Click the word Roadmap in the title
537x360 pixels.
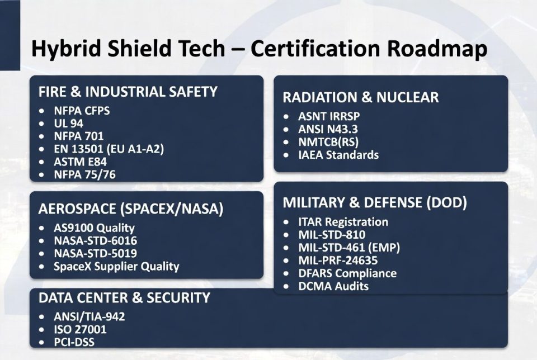tap(437, 49)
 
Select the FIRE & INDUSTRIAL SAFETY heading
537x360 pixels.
tap(128, 92)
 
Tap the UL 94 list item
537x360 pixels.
tap(68, 123)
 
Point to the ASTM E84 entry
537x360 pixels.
tap(80, 162)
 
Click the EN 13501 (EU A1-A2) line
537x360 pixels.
tap(109, 149)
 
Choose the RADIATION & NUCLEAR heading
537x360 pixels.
tap(361, 97)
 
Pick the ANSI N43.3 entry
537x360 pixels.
tap(328, 129)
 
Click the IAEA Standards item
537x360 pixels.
tap(338, 155)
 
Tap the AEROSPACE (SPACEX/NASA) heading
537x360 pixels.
tap(131, 209)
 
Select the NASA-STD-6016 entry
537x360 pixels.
tap(95, 240)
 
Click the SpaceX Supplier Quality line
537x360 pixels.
tap(116, 267)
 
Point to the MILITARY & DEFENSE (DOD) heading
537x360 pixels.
tap(375, 202)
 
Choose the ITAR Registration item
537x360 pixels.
tap(343, 222)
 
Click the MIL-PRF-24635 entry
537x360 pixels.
tap(338, 260)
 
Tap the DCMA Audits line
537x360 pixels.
tap(333, 286)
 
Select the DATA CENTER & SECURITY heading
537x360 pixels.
tap(124, 298)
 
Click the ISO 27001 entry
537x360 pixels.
tap(80, 330)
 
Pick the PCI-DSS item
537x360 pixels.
tap(74, 342)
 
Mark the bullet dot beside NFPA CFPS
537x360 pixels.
tap(42, 111)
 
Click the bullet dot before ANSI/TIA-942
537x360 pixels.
tap(42, 317)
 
